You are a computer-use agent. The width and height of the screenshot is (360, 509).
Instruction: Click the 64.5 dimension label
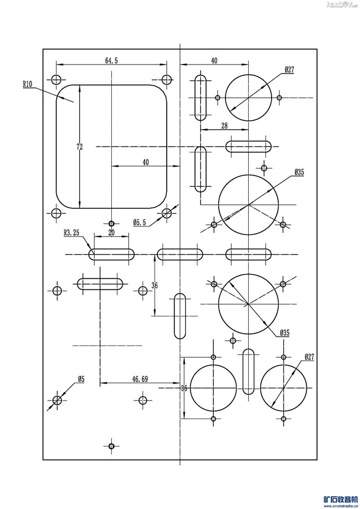111,61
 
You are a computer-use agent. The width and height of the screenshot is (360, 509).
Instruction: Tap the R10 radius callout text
28,84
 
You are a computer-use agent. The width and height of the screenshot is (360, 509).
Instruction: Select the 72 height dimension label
79,148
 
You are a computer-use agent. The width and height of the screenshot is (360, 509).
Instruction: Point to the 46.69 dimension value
140,378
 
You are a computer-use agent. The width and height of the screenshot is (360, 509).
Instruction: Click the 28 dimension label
224,125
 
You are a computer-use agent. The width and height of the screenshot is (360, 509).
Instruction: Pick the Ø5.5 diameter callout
140,222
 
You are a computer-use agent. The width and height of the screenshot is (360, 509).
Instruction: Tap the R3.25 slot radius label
71,232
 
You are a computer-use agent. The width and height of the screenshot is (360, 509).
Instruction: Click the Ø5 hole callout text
81,378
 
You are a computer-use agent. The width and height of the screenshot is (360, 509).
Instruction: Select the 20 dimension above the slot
111,232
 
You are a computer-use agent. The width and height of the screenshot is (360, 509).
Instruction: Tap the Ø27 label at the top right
289,69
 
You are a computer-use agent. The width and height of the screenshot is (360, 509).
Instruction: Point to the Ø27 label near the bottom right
309,357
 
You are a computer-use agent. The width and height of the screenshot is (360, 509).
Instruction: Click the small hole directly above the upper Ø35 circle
264,168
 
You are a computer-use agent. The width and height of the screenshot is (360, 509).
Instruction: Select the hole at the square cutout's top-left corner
56,80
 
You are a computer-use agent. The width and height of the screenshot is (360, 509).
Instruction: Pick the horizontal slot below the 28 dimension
249,146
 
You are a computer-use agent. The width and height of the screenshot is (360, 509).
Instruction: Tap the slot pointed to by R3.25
111,254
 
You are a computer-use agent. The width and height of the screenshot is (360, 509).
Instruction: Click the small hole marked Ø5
57,401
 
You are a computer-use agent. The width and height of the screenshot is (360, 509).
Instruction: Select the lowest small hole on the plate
111,446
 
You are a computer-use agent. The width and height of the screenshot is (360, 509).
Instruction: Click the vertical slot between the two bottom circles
248,371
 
